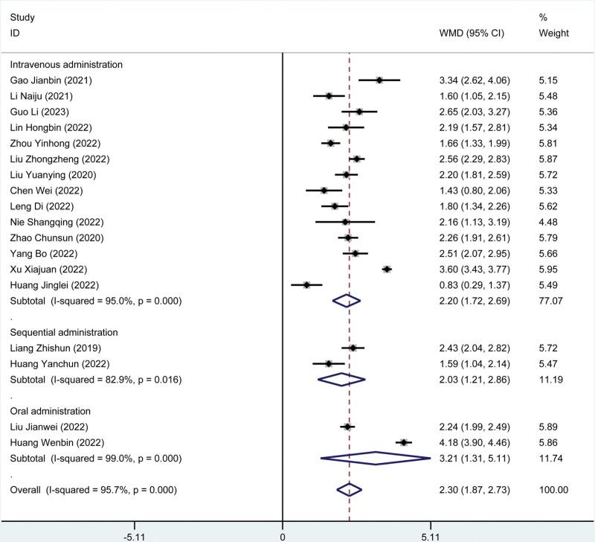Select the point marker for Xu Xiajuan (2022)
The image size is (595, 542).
(387, 269)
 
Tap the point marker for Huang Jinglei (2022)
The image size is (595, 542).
(306, 284)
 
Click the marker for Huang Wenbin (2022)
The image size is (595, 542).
(404, 442)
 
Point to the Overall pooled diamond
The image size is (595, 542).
(349, 489)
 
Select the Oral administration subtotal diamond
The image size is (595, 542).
(376, 458)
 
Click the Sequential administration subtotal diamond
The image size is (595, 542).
(341, 379)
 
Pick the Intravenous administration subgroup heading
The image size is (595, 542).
(66, 64)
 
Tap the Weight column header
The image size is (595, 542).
(554, 34)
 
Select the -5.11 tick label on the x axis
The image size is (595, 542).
(135, 535)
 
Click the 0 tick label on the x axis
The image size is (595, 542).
(283, 535)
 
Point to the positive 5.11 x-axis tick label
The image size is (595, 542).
(431, 535)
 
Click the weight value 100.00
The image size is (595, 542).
(553, 489)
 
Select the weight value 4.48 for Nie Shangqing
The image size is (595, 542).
(547, 222)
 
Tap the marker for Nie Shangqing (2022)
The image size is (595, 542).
(345, 222)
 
